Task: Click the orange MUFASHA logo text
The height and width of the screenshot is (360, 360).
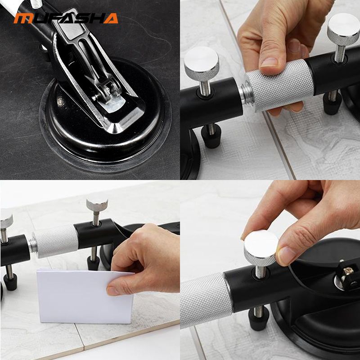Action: pos(66,18)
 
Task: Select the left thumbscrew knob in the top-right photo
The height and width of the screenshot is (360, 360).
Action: pos(201,63)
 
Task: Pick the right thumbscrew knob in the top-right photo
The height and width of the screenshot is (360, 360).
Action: pos(343,29)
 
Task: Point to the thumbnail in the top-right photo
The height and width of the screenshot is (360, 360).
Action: pos(269,62)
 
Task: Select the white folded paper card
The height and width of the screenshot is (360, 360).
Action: pos(85,297)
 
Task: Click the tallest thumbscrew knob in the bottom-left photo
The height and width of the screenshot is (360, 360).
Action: pos(97,205)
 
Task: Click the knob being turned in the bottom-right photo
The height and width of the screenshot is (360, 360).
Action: pos(261,248)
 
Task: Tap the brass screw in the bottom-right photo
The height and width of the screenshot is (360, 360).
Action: pos(348,270)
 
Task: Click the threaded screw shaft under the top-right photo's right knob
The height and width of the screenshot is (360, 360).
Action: pos(340,54)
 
